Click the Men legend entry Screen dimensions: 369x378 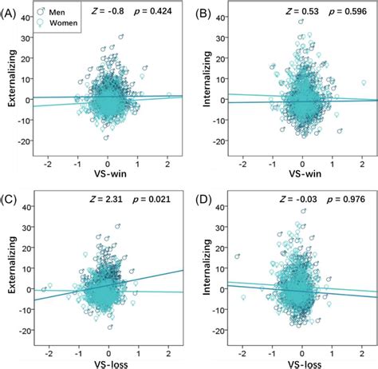point(57,11)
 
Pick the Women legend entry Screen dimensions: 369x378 point(62,25)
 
